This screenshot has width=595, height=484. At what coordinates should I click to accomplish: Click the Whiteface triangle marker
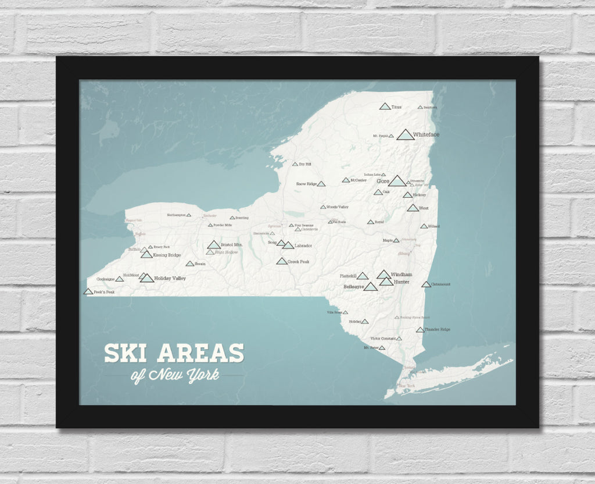click(406, 135)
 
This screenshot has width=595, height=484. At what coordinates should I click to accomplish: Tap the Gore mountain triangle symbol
click(397, 181)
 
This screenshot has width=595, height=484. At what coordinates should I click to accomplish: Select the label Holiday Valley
click(170, 279)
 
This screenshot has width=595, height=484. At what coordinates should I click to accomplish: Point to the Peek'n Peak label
click(104, 292)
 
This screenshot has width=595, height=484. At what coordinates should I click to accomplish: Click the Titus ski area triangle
click(384, 106)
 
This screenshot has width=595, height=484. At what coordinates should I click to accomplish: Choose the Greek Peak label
click(299, 262)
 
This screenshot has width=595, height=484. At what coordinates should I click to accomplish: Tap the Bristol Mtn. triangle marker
click(213, 245)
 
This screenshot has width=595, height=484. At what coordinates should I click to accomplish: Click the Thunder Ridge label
click(438, 330)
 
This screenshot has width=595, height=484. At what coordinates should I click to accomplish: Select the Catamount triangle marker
click(426, 284)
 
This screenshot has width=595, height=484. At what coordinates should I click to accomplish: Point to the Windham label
click(402, 274)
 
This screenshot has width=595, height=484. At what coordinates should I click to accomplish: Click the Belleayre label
click(353, 287)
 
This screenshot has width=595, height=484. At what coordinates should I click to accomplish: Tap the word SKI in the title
click(125, 354)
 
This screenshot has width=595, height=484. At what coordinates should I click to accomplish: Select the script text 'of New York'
click(175, 375)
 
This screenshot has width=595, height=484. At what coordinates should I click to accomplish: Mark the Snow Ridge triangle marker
click(321, 184)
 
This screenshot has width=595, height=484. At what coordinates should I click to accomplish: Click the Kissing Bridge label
click(167, 255)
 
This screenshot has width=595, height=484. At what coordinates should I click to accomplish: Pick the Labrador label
click(303, 245)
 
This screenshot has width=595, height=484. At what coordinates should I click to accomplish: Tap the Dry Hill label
click(305, 164)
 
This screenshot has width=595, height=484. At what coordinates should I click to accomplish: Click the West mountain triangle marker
click(413, 208)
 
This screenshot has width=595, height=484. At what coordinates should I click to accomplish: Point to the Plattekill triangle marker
click(362, 276)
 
